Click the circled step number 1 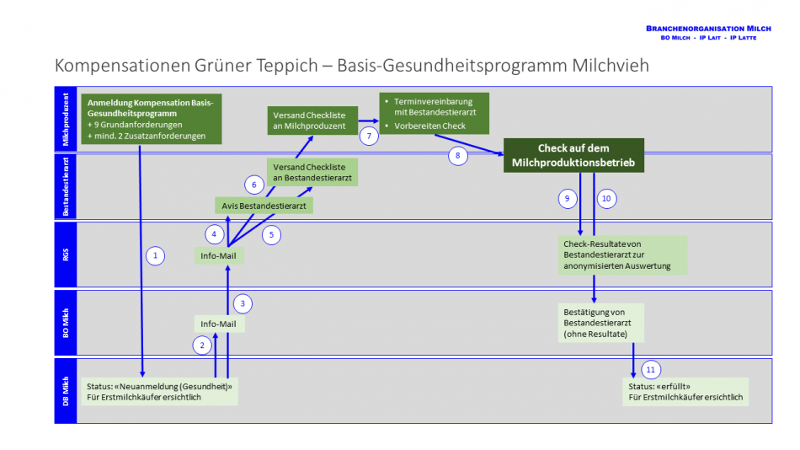(154, 254)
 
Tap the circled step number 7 (368, 135)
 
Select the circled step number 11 (650, 370)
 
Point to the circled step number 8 (457, 155)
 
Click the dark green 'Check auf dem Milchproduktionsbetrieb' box (573, 156)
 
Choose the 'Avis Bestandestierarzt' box (264, 205)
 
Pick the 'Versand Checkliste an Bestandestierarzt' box (312, 172)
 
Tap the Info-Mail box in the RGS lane (218, 254)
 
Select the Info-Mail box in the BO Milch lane (218, 324)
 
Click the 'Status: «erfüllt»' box (685, 391)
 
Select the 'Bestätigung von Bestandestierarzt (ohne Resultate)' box (600, 323)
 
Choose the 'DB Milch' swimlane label (66, 391)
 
